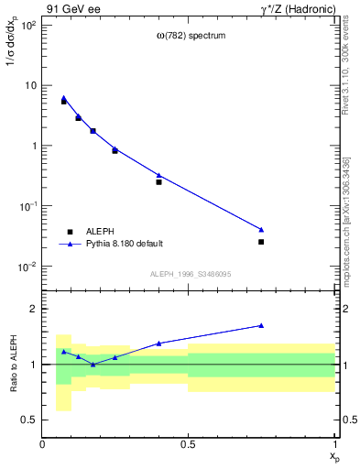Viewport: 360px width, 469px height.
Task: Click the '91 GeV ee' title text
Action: [x=72, y=10]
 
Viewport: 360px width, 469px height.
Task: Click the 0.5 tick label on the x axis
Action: [x=188, y=444]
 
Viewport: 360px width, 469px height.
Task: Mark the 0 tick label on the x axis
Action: [x=42, y=444]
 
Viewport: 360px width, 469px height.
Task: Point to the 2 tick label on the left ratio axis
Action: [x=33, y=309]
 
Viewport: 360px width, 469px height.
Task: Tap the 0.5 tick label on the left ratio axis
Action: [x=30, y=420]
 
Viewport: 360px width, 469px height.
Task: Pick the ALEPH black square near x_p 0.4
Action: [x=158, y=182]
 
